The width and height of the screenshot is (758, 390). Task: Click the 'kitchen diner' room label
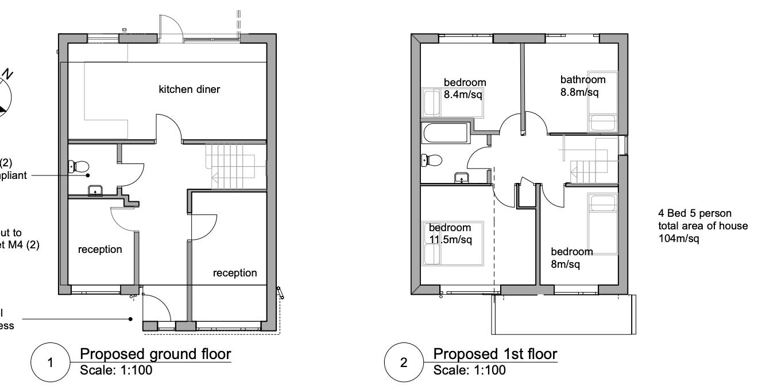point(189,89)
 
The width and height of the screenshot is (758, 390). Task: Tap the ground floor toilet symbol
point(79,167)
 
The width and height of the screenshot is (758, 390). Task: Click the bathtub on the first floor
point(445,134)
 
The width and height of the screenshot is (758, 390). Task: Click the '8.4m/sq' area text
point(463,94)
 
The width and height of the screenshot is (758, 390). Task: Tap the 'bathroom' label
point(583,80)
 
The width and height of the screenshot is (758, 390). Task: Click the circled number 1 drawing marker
point(50,363)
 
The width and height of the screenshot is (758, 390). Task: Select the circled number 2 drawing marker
point(403,363)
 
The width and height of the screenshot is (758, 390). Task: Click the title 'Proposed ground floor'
point(155,353)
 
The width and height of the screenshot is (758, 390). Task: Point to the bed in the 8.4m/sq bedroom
point(432,102)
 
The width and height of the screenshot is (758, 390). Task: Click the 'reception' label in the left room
point(100,249)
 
